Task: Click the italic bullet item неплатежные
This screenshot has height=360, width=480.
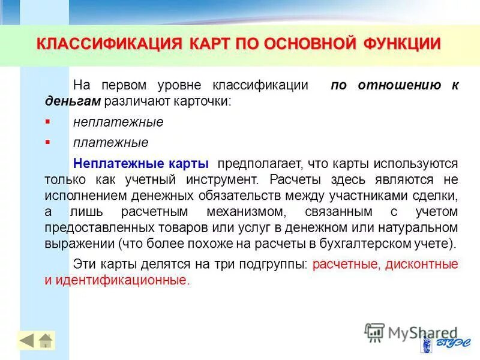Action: click(x=118, y=122)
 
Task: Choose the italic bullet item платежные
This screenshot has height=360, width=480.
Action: click(x=110, y=143)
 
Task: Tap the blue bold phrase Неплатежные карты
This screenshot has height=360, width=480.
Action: click(x=140, y=164)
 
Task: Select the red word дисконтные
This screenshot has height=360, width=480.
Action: click(x=420, y=264)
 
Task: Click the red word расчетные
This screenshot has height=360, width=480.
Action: click(x=346, y=264)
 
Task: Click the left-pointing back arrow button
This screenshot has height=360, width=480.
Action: click(x=26, y=341)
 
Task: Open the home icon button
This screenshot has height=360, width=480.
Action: click(x=46, y=341)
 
